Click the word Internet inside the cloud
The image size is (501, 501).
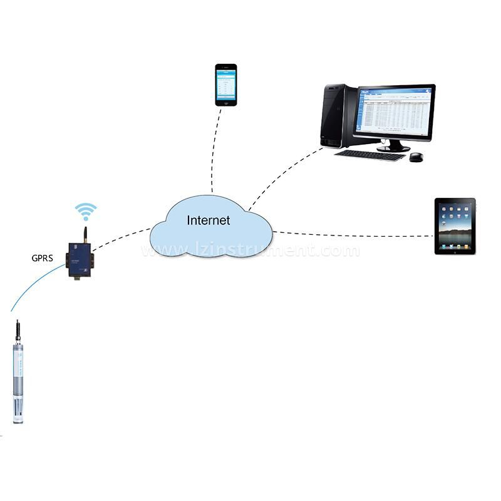209,220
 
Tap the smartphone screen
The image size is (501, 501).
226,85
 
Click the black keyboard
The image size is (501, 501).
369,155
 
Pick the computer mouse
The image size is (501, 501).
417,157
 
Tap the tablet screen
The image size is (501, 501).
455,226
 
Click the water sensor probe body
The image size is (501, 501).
18,369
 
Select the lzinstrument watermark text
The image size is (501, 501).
250,251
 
